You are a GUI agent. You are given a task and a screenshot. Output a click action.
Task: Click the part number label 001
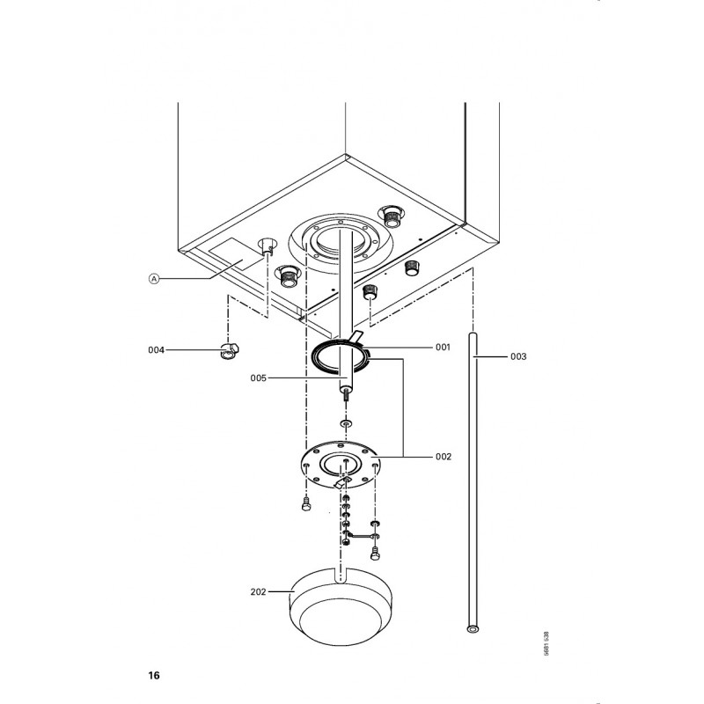coord(443,347)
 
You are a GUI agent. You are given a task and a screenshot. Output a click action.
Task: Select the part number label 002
coord(444,457)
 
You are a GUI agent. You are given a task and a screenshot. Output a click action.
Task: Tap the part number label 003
coord(518,356)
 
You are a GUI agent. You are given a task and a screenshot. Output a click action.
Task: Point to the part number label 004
coord(157,349)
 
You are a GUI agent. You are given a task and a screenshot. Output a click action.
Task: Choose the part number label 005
coord(258,378)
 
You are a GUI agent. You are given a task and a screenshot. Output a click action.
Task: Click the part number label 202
coord(258,591)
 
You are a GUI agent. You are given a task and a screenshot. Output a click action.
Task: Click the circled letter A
coord(154,279)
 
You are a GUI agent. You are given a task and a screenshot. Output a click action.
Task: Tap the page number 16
coord(153,675)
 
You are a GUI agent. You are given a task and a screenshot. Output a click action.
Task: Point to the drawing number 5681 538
coord(546,643)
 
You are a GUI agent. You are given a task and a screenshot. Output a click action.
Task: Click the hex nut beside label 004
coord(230,350)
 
